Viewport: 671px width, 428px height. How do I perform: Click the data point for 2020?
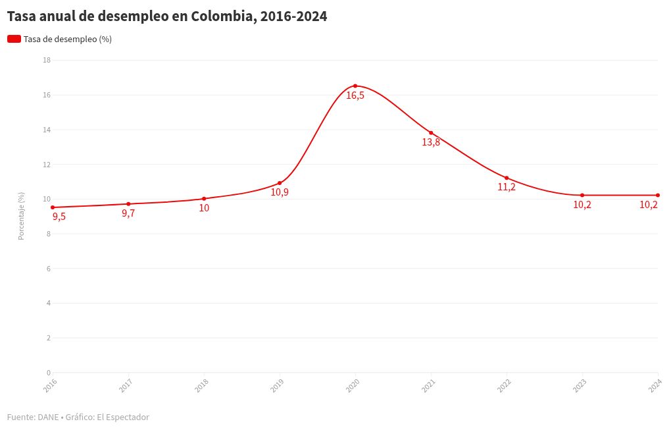click(x=355, y=86)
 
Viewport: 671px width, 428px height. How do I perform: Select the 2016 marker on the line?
click(x=53, y=207)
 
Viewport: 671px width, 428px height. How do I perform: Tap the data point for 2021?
click(x=431, y=133)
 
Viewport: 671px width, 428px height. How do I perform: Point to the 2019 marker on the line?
click(x=280, y=183)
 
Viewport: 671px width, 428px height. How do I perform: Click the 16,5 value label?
click(x=355, y=95)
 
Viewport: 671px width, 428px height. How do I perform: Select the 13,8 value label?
click(x=431, y=142)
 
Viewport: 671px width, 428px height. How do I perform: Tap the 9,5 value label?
click(x=59, y=217)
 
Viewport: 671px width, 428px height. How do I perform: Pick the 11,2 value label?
click(x=507, y=187)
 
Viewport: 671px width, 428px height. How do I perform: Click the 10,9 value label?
click(x=280, y=192)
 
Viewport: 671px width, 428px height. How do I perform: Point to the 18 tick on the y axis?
click(x=47, y=61)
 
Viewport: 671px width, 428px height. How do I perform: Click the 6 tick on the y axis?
click(x=49, y=269)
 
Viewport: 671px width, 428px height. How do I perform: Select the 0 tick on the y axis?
click(x=49, y=373)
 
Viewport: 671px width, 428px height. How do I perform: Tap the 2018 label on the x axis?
click(x=201, y=385)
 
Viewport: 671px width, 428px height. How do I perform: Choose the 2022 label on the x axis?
click(x=504, y=385)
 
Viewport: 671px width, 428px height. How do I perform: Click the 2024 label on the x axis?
click(x=655, y=385)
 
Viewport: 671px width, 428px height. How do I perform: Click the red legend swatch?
click(x=14, y=40)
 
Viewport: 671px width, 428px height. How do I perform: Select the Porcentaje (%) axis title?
click(x=21, y=216)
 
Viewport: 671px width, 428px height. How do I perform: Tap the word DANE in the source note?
click(x=48, y=417)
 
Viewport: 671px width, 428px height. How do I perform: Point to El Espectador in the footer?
click(x=123, y=417)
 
